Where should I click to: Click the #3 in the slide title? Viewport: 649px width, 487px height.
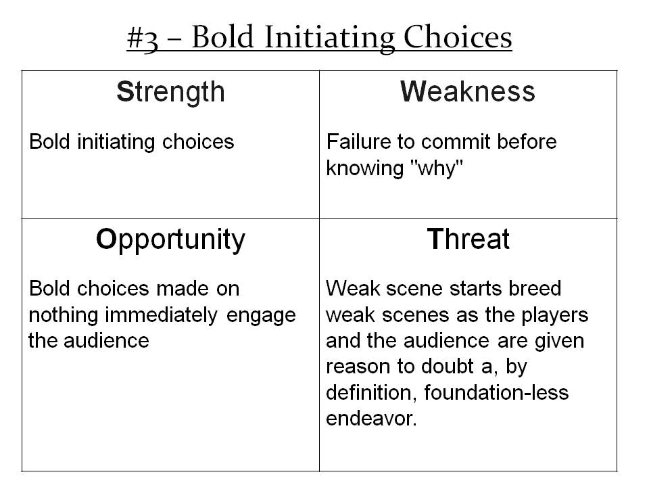[143, 39]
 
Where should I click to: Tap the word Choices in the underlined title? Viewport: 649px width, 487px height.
[458, 37]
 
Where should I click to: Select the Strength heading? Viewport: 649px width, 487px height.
[170, 93]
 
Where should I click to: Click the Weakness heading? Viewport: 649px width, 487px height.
[468, 91]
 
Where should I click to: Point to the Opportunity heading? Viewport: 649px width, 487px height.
[170, 241]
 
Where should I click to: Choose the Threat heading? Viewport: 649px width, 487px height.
[468, 239]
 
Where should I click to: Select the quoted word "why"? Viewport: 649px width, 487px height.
[436, 169]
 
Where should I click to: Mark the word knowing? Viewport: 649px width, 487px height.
[364, 169]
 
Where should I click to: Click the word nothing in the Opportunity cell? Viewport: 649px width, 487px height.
[64, 316]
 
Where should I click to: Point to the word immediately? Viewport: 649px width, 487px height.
[161, 316]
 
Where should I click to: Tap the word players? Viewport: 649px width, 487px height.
[554, 316]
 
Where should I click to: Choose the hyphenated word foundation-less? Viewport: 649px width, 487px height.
[496, 392]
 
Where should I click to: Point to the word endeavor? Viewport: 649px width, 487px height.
[371, 419]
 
